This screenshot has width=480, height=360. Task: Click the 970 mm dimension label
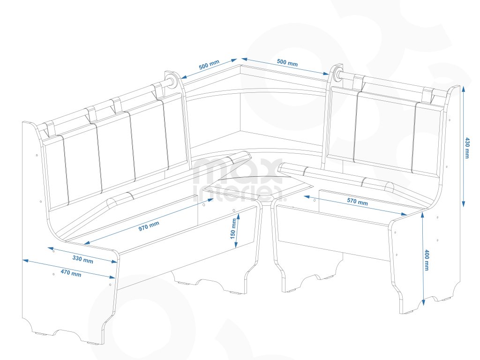click(149, 226)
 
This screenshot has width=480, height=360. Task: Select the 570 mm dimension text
click(357, 202)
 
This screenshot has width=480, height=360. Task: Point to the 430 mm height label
click(467, 148)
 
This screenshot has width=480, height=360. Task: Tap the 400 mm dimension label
click(427, 260)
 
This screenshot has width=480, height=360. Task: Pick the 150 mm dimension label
click(232, 229)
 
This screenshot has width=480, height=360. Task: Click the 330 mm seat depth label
click(82, 258)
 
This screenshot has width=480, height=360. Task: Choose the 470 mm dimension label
click(70, 273)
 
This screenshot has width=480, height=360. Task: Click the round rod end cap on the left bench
click(171, 81)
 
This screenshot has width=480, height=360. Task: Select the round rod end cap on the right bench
click(337, 75)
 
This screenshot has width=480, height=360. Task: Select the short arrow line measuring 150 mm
click(238, 230)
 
